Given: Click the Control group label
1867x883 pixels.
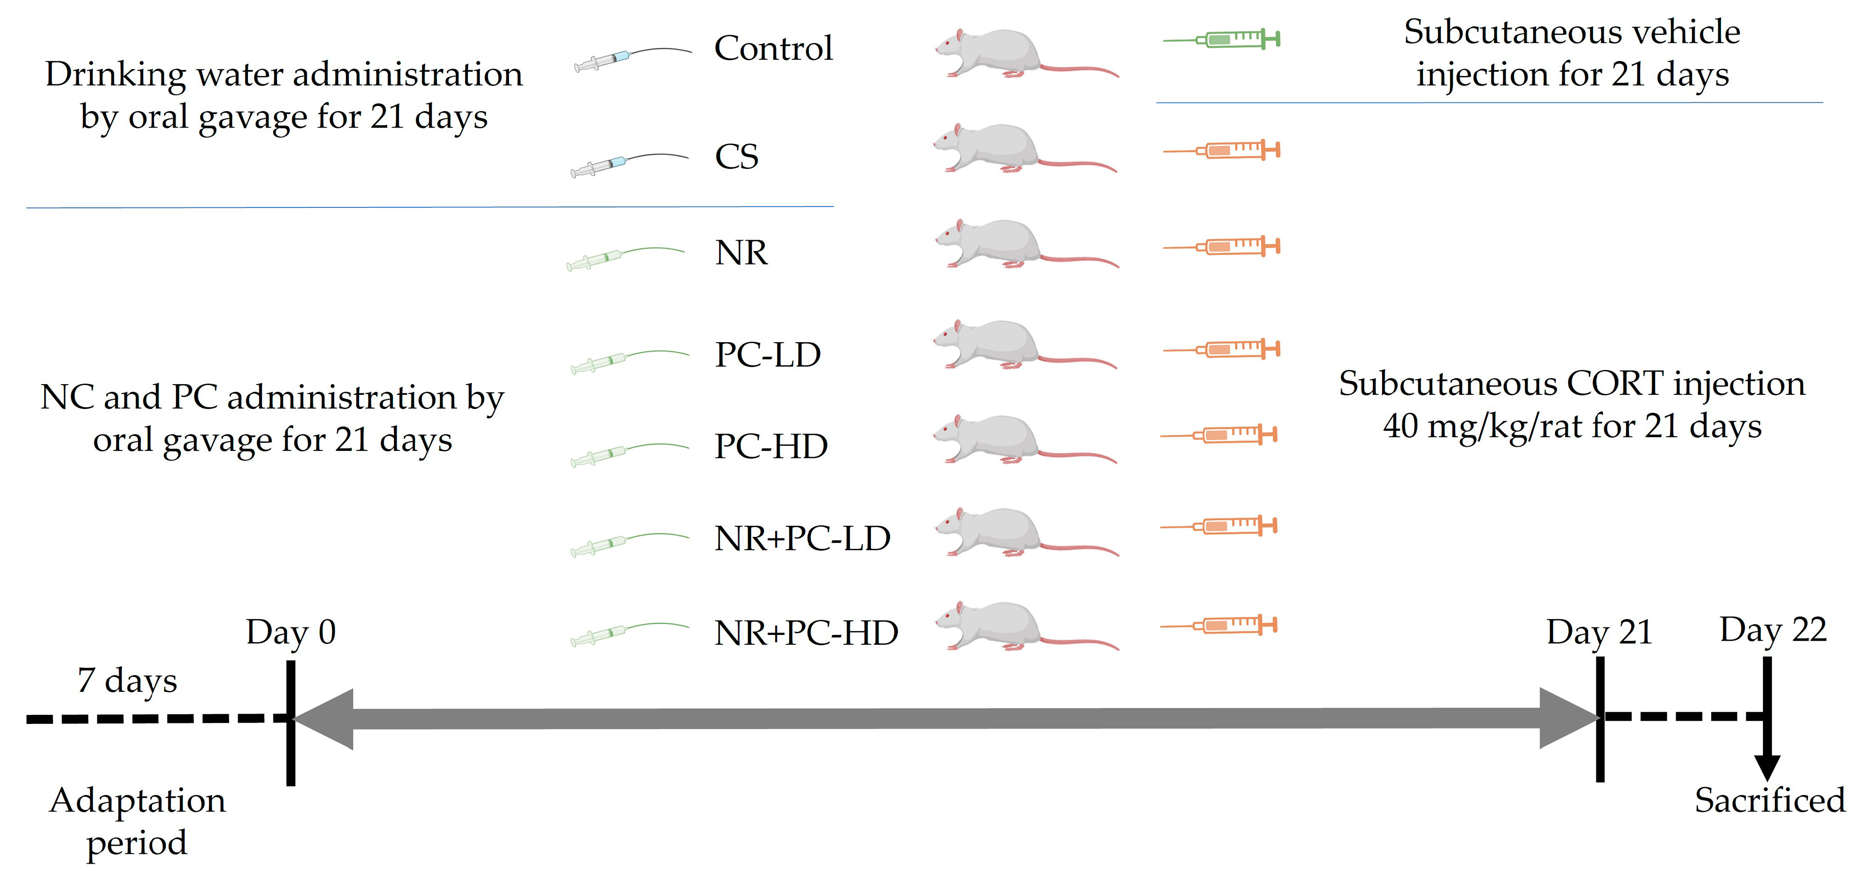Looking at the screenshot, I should (773, 48).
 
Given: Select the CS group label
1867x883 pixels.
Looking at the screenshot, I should (736, 156).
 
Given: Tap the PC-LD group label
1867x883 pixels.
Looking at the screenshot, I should (767, 355).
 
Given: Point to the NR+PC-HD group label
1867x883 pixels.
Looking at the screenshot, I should (806, 633).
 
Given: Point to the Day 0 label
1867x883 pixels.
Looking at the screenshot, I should (290, 632).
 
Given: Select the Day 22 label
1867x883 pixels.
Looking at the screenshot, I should (1773, 629).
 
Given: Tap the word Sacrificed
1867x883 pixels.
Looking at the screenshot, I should (1769, 801).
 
